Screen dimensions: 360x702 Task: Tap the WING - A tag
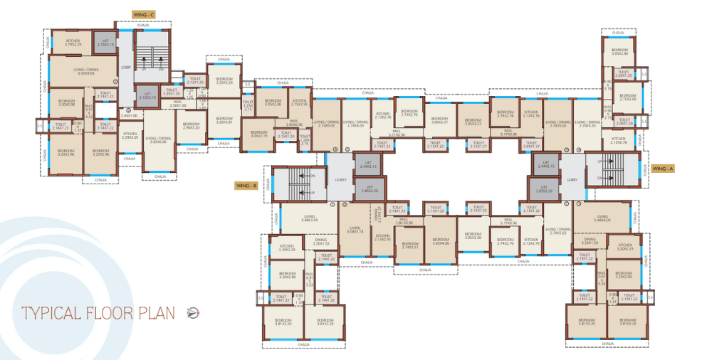pos(663,169)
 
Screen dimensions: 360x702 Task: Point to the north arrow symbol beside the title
pos(192,312)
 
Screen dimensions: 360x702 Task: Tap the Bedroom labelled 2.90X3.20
pos(189,126)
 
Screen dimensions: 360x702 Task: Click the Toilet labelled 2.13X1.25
pos(194,81)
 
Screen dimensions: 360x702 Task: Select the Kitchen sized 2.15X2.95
pos(299,103)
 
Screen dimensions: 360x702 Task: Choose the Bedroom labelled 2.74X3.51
pos(409,245)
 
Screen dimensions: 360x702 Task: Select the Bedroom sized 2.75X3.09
pos(627,97)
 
